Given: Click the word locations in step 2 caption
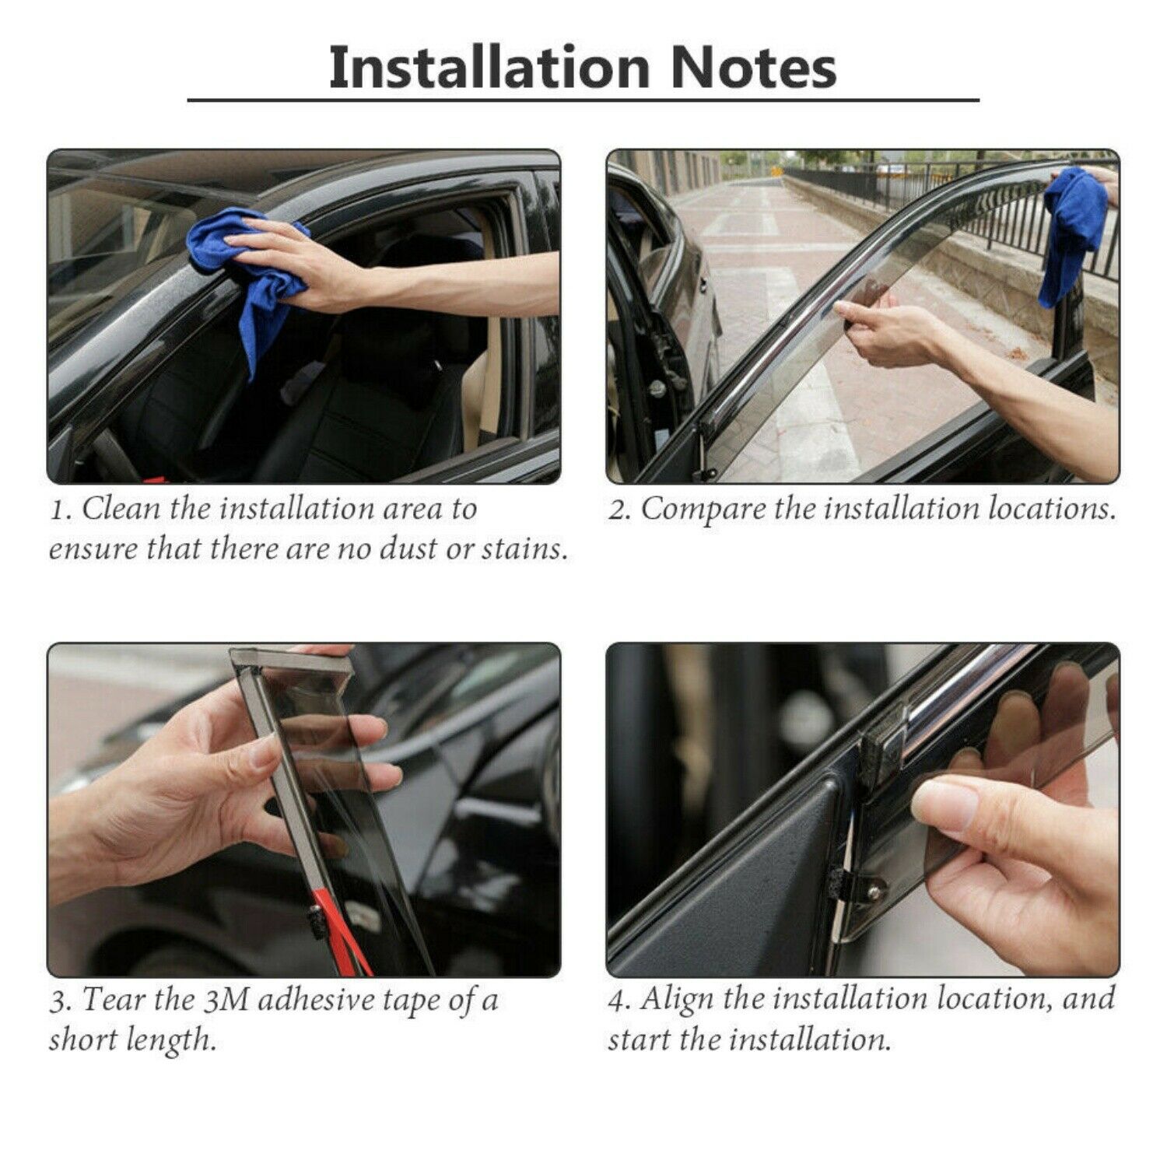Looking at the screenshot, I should pyautogui.click(x=1051, y=509).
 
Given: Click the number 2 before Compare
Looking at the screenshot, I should pyautogui.click(x=618, y=510).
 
